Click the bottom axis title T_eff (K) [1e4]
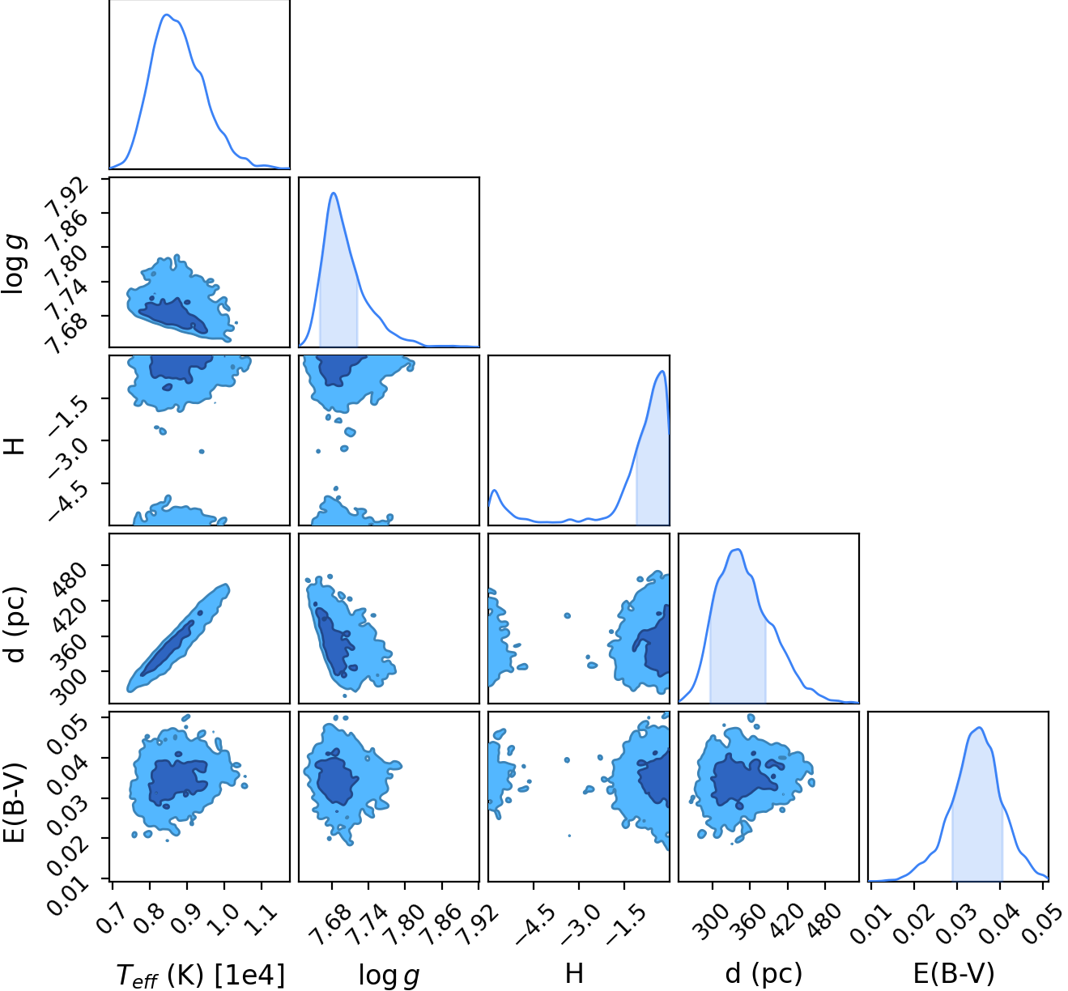tap(200, 975)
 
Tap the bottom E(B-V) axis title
tap(954, 972)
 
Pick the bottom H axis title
tap(574, 972)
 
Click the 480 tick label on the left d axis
tap(68, 576)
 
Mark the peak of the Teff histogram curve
tap(167, 15)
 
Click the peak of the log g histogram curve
tap(334, 193)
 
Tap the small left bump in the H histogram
tap(495, 490)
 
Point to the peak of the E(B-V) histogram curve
tap(980, 727)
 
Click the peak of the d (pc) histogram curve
tap(738, 549)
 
